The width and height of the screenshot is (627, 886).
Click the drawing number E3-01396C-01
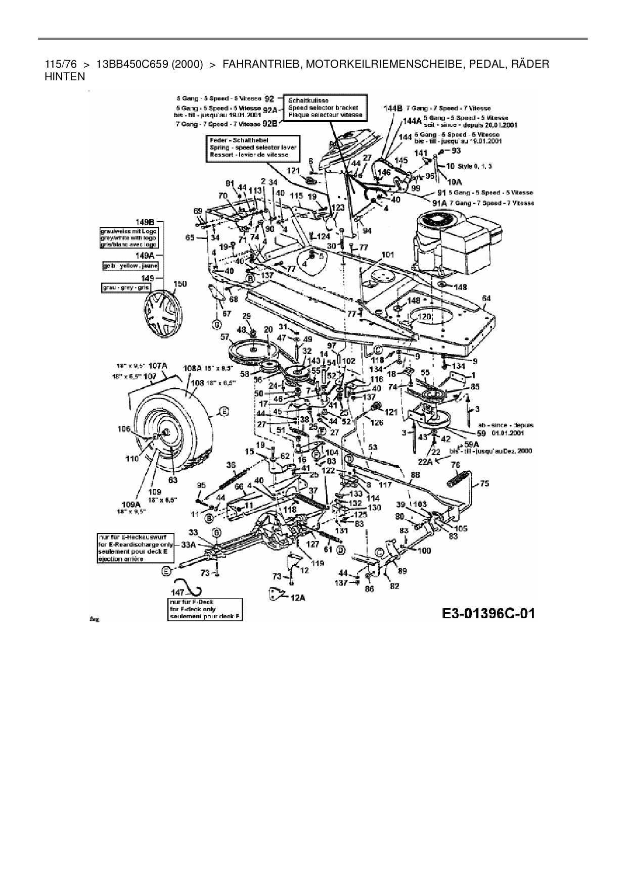pyautogui.click(x=488, y=613)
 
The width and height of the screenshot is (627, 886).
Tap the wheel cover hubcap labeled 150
pyautogui.click(x=163, y=316)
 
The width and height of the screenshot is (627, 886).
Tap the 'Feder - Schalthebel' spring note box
pyautogui.click(x=252, y=147)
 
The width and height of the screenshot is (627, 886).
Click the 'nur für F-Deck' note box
pyautogui.click(x=205, y=609)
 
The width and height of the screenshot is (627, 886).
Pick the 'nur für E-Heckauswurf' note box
pyautogui.click(x=136, y=548)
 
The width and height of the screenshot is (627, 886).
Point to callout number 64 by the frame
pyautogui.click(x=486, y=299)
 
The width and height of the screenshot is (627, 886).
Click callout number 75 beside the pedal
pyautogui.click(x=484, y=483)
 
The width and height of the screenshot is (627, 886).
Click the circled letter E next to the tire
pyautogui.click(x=221, y=412)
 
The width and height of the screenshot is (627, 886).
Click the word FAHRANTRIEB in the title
pyautogui.click(x=257, y=65)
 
